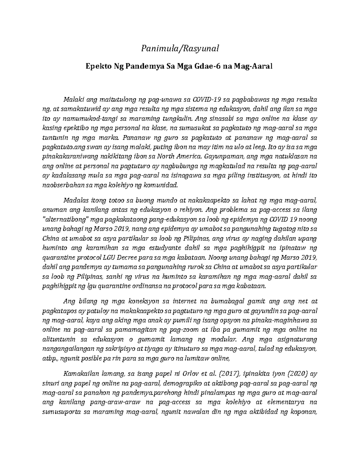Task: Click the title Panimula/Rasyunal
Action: point(180,48)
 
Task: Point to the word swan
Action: point(88,148)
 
